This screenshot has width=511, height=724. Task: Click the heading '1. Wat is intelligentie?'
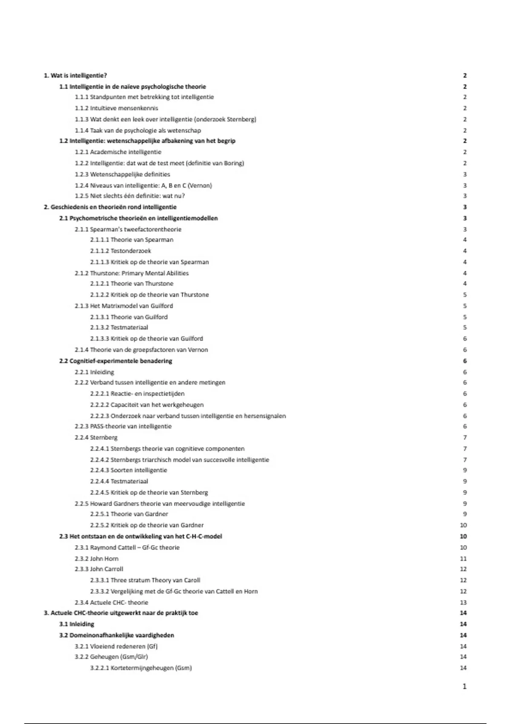pyautogui.click(x=75, y=75)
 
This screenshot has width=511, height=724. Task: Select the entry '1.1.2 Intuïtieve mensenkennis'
pyautogui.click(x=116, y=108)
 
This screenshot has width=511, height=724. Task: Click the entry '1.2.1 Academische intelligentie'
pyautogui.click(x=118, y=152)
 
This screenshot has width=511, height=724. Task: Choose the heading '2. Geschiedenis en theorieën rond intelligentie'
pyautogui.click(x=110, y=207)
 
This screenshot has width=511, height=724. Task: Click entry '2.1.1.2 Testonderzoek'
pyautogui.click(x=121, y=251)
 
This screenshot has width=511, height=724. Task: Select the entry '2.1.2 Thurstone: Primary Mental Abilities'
pyautogui.click(x=132, y=273)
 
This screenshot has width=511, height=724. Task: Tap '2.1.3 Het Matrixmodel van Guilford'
pyautogui.click(x=124, y=306)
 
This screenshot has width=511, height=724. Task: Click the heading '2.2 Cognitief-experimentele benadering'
pyautogui.click(x=115, y=361)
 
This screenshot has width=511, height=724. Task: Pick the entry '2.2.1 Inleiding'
pyautogui.click(x=94, y=372)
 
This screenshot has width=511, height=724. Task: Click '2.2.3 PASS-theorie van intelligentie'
pyautogui.click(x=123, y=426)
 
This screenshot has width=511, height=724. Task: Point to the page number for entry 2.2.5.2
pyautogui.click(x=463, y=525)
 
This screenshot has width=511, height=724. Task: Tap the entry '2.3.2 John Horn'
pyautogui.click(x=97, y=558)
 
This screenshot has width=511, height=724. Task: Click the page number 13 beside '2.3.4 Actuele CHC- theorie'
pyautogui.click(x=463, y=602)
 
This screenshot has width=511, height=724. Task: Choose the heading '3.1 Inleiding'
pyautogui.click(x=77, y=624)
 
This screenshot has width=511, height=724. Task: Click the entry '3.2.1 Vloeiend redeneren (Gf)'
pyautogui.click(x=116, y=646)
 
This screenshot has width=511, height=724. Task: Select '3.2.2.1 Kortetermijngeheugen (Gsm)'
pyautogui.click(x=141, y=668)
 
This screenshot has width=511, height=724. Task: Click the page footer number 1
pyautogui.click(x=464, y=686)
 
